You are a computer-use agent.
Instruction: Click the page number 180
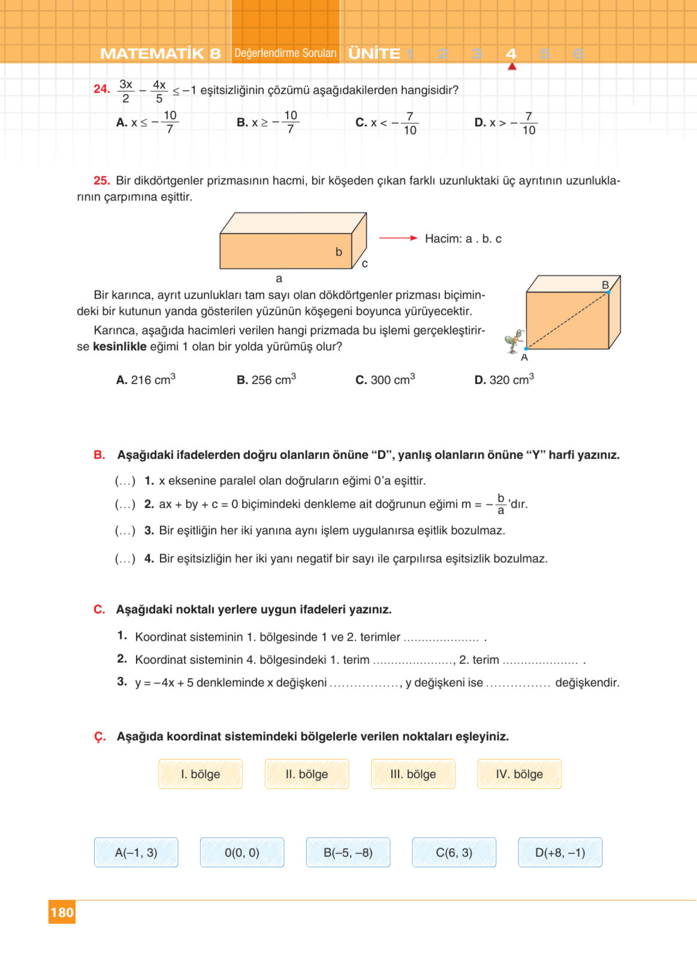(62, 912)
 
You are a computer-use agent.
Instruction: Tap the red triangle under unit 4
(512, 67)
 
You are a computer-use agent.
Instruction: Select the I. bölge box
(200, 774)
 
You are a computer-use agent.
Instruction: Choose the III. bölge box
(413, 774)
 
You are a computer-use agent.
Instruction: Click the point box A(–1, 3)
(136, 852)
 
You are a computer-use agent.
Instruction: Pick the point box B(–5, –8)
(348, 852)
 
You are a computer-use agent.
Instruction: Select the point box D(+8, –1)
(560, 852)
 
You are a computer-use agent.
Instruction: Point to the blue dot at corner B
(608, 292)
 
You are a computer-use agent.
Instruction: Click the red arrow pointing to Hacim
(398, 238)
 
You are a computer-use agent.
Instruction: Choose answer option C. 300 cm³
(385, 379)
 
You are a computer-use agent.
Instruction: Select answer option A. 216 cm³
(145, 379)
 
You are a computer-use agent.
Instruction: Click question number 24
(101, 89)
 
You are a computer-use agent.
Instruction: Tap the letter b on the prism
(338, 252)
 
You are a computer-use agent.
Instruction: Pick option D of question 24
(506, 123)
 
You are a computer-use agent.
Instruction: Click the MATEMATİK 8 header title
(160, 54)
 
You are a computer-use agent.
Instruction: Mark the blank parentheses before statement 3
(125, 530)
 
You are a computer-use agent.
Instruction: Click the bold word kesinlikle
(119, 347)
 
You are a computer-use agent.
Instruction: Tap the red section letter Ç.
(99, 737)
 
